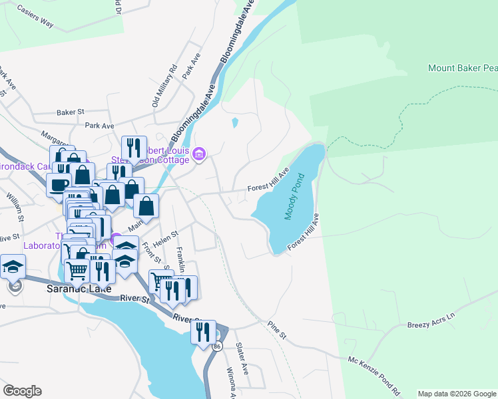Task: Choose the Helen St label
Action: click(x=166, y=237)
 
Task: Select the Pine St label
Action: click(x=277, y=330)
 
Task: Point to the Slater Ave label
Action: click(x=242, y=358)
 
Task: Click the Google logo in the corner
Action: click(x=22, y=391)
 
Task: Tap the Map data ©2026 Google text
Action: click(x=456, y=394)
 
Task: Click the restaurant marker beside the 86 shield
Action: click(x=203, y=331)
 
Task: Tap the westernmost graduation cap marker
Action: click(x=13, y=267)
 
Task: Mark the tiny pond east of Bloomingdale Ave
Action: click(x=234, y=122)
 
